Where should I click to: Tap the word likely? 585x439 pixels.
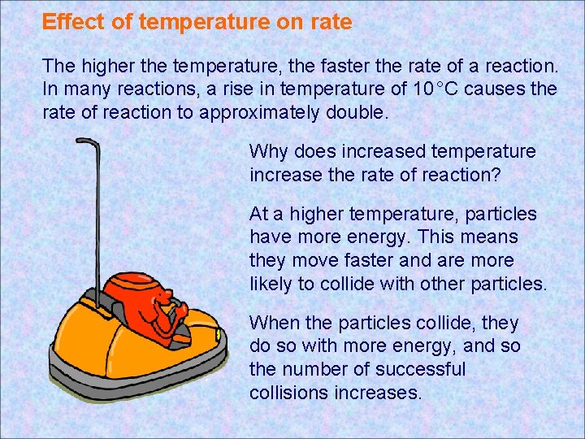pos(273,284)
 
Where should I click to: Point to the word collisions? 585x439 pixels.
pos(287,393)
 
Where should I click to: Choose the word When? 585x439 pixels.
pos(272,324)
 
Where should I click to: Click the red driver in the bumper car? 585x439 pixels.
pos(162,305)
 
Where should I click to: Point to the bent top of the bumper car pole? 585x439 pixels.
pos(88,141)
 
